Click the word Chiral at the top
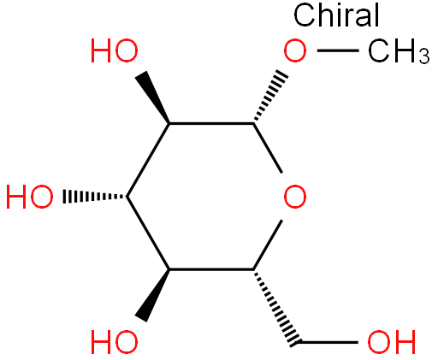(336, 15)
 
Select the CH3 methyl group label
(399, 51)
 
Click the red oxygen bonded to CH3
(295, 51)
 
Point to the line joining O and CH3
(338, 50)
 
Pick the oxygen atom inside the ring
(295, 197)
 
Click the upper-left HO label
(115, 51)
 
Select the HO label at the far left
(30, 197)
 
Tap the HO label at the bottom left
(115, 342)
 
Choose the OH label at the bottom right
(392, 342)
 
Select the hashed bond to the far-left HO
(95, 197)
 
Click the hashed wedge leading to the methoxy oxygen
(270, 95)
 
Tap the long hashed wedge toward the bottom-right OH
(276, 308)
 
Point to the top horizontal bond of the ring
(211, 124)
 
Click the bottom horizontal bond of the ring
(211, 269)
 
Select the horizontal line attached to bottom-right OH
(328, 342)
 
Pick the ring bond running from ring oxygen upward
(268, 148)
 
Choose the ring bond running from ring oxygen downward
(268, 245)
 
